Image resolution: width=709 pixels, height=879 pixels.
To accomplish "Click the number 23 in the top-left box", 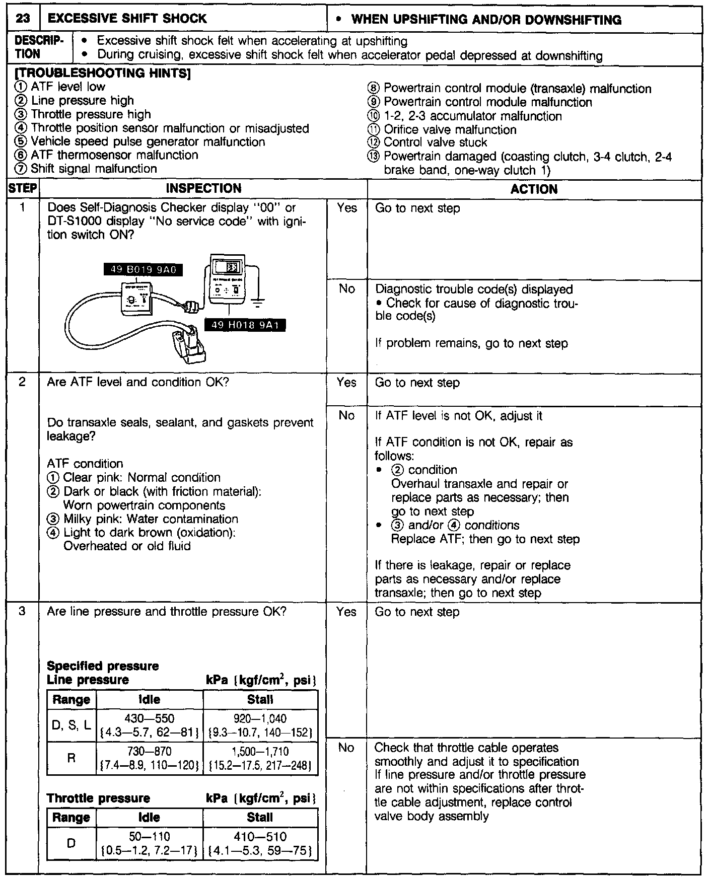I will (23, 19).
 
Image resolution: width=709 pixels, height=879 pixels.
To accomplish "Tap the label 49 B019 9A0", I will (143, 270).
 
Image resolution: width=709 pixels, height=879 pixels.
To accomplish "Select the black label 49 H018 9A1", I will (245, 325).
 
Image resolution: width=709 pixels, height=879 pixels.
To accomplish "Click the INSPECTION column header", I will (203, 189).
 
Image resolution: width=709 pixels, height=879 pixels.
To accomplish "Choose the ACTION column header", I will (534, 189).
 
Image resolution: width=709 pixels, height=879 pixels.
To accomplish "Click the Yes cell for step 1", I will (346, 208).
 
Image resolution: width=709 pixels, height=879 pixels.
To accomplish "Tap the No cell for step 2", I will (346, 416).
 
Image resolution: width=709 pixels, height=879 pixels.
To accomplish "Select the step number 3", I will (22, 612).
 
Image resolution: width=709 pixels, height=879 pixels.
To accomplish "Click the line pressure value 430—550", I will (150, 718).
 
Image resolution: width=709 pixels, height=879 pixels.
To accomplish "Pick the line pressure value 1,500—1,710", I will (260, 752).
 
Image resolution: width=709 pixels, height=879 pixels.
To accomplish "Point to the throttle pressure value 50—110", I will (150, 837).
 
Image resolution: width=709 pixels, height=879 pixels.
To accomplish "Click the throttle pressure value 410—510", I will (260, 837).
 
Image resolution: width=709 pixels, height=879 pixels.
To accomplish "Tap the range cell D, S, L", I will (72, 725).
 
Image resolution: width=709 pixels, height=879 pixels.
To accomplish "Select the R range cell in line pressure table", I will (72, 758).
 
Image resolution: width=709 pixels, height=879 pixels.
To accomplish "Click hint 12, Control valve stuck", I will (435, 142).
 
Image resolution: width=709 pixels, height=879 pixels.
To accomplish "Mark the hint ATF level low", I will (67, 87).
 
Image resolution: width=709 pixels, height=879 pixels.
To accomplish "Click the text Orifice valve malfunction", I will (449, 129).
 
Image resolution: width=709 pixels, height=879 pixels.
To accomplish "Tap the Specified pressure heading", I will (103, 666).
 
